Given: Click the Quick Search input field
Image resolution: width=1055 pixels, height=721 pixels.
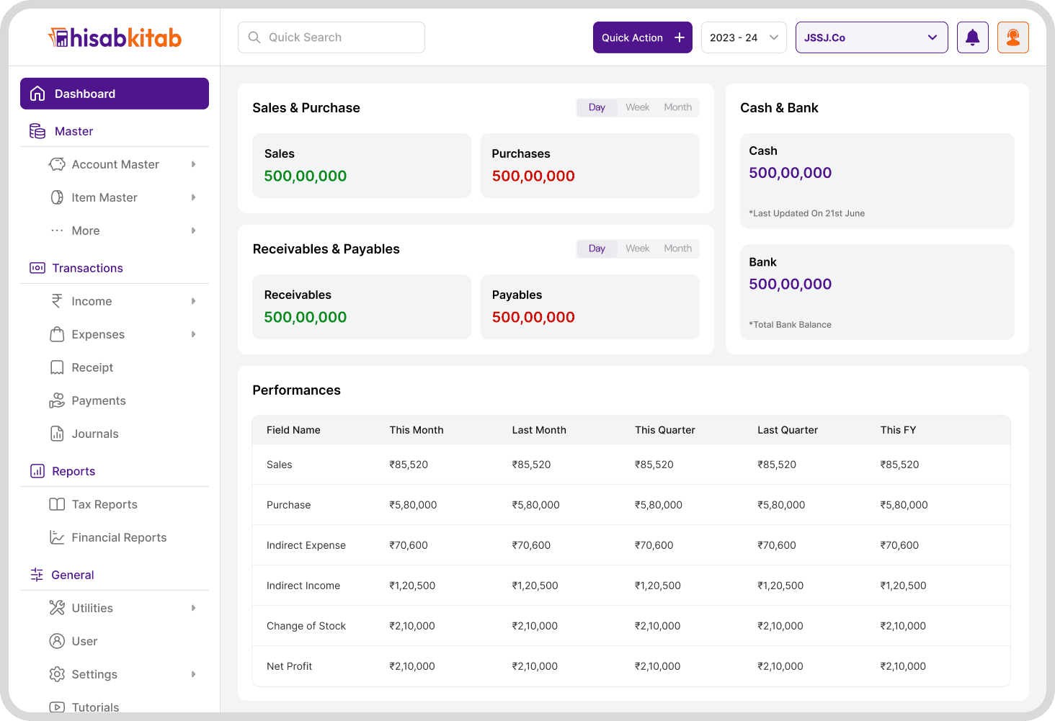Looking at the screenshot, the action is (331, 37).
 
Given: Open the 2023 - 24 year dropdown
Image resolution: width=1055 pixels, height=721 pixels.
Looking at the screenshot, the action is (744, 37).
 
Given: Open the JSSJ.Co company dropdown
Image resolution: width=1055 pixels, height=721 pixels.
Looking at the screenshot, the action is (871, 37).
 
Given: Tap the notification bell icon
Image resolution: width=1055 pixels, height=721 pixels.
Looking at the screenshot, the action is (973, 37).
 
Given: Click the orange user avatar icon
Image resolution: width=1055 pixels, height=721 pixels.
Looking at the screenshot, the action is (1013, 37).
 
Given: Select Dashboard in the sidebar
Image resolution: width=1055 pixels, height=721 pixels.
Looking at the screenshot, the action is (115, 94).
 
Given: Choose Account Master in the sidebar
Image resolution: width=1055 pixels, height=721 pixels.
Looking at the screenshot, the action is (115, 164).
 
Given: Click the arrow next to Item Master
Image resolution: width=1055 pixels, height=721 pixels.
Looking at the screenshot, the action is (194, 197).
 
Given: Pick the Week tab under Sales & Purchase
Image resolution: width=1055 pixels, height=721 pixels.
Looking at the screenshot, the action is (637, 107).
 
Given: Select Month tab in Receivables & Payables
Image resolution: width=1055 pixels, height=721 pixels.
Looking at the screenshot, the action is (677, 248).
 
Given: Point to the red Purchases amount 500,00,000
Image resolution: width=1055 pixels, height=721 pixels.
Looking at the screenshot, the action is (533, 176).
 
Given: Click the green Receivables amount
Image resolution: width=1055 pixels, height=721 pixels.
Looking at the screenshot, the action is (306, 317).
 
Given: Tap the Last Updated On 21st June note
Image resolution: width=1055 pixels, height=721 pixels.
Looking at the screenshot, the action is (807, 213).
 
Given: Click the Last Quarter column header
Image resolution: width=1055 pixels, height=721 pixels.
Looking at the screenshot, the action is (788, 430).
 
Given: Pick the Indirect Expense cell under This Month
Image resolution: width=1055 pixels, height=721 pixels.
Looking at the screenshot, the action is (409, 545).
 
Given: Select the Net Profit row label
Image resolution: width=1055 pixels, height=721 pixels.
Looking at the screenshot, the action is (289, 666).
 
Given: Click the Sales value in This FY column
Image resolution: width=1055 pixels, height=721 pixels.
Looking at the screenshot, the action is (899, 465).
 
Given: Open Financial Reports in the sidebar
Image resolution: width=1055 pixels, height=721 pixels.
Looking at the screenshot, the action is (119, 537).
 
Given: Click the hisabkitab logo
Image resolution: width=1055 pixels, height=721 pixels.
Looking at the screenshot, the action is (115, 37).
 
